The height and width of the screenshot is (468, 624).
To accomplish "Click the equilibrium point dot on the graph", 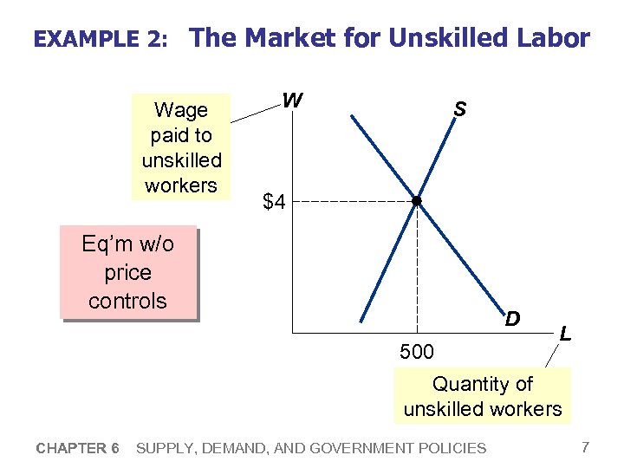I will pyautogui.click(x=416, y=201).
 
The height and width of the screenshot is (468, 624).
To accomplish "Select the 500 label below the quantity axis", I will pyautogui.click(x=417, y=352).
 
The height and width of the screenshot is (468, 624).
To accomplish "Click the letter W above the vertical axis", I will pyautogui.click(x=293, y=101).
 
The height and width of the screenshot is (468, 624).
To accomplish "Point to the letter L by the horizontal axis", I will pyautogui.click(x=565, y=333).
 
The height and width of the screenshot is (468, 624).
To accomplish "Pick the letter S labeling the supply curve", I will pyautogui.click(x=459, y=109).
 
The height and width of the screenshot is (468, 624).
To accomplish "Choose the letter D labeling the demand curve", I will pyautogui.click(x=513, y=319).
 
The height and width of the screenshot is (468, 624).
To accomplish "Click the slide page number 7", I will pyautogui.click(x=586, y=447).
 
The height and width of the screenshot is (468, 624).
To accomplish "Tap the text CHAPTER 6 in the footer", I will pyautogui.click(x=78, y=448).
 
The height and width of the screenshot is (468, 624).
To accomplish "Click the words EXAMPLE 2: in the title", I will pyautogui.click(x=98, y=40).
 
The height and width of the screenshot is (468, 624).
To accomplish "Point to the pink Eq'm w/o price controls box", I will pyautogui.click(x=128, y=272).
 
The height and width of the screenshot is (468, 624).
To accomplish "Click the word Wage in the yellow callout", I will pyautogui.click(x=181, y=110).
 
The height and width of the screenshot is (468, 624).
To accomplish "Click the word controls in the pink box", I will pyautogui.click(x=127, y=302).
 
